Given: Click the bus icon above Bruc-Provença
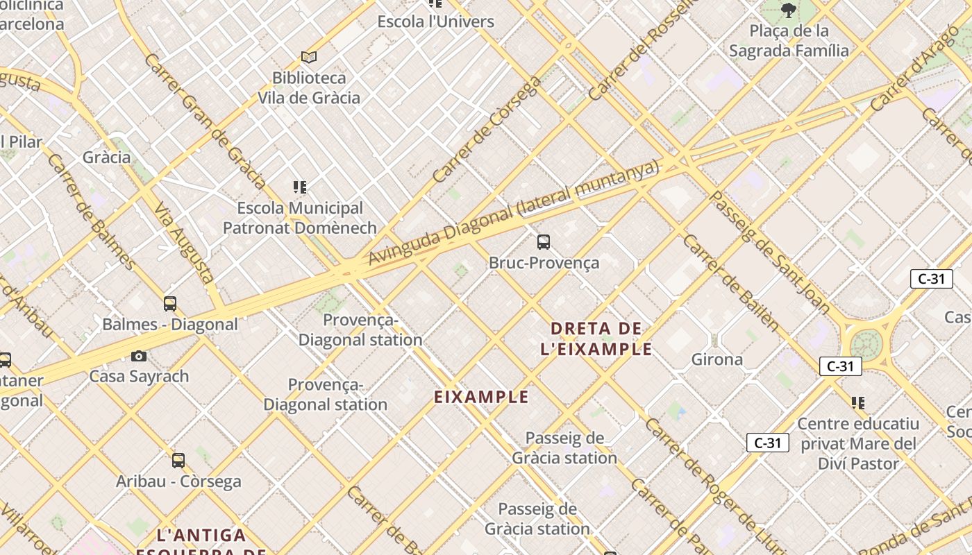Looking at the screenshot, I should (544, 242).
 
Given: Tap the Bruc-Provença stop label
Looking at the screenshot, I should (544, 263).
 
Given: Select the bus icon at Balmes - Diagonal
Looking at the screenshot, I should (170, 303).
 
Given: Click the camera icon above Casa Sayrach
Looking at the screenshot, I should (139, 356).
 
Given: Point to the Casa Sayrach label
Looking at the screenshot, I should (139, 377).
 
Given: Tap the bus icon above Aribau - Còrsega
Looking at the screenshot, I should (178, 460).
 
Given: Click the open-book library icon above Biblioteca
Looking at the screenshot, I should (309, 57).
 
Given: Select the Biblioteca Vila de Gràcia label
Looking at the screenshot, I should (309, 87).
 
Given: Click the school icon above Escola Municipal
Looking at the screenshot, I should (300, 187).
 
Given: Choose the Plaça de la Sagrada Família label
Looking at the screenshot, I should (789, 40).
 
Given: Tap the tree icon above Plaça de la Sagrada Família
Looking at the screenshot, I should (788, 10).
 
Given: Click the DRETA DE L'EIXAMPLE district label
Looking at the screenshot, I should (596, 338).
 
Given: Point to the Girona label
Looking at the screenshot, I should (717, 359).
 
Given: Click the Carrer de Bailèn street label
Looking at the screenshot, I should (731, 282).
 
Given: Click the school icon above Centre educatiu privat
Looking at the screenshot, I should (858, 402).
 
